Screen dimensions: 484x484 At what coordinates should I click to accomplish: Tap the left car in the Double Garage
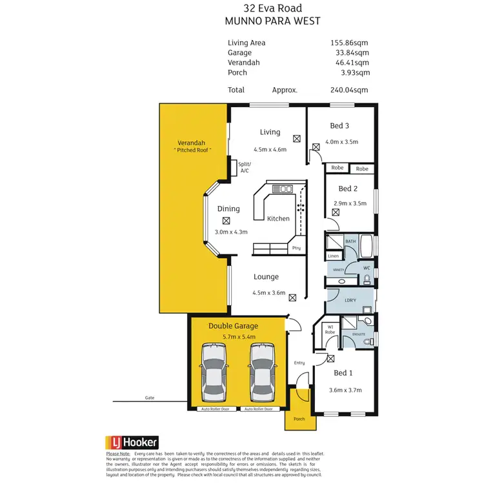tap(214, 372)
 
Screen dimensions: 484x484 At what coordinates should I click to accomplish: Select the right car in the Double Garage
tap(261, 372)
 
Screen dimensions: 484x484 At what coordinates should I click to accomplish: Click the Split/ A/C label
tap(245, 168)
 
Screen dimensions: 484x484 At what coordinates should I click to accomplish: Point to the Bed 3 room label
tap(339, 126)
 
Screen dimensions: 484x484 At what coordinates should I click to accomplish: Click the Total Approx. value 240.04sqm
tap(349, 90)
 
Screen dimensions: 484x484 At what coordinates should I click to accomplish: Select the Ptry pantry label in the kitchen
tap(296, 248)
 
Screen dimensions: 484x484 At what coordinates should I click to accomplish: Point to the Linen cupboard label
tap(334, 256)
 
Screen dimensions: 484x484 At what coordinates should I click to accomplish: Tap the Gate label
tap(150, 398)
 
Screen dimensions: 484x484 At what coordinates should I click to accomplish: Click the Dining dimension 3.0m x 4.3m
tap(231, 232)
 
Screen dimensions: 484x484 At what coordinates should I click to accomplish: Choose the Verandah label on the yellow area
tap(192, 143)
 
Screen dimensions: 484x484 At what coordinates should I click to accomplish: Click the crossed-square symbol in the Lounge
tap(292, 297)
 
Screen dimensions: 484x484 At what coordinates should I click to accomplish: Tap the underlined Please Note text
tap(119, 454)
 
